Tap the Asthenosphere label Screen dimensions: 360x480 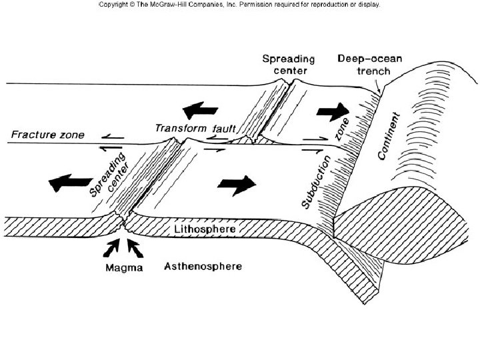pos(203,267)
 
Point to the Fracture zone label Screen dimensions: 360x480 pos(48,135)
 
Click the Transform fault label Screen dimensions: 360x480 pos(192,127)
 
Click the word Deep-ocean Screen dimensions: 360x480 pos(370,58)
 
